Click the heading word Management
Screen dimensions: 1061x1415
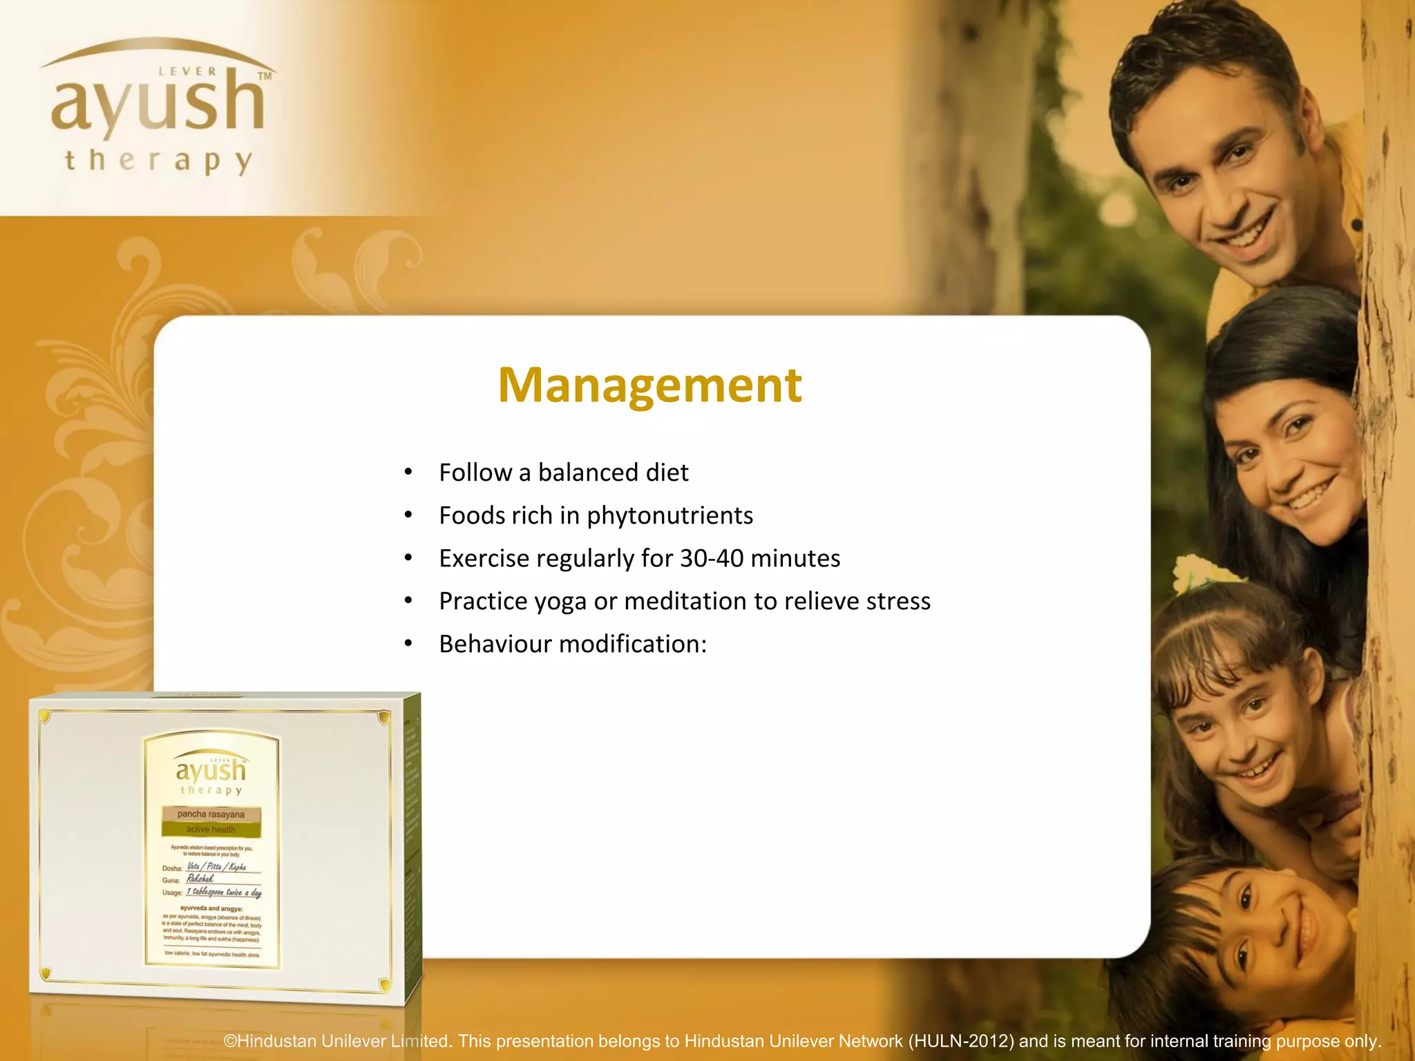click(x=649, y=385)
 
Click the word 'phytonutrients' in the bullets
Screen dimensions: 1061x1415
click(x=669, y=516)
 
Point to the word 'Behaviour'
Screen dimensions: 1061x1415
click(x=495, y=644)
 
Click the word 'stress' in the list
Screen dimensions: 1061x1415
click(x=898, y=601)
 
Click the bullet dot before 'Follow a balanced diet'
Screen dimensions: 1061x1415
click(x=408, y=472)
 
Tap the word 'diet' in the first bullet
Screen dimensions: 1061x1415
click(x=667, y=472)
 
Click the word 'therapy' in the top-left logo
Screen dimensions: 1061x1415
click(x=159, y=161)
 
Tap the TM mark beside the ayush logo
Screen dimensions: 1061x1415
click(x=265, y=77)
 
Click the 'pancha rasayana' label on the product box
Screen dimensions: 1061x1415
click(x=211, y=814)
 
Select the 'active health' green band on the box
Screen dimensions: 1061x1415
click(x=211, y=830)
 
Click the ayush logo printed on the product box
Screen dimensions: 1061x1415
click(x=211, y=770)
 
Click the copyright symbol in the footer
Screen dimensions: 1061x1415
click(x=230, y=1041)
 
